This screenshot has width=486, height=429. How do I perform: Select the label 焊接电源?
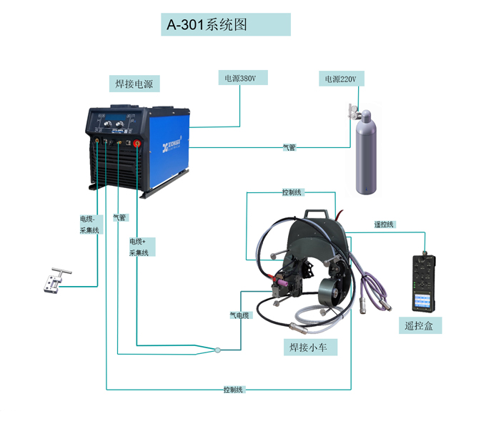coord(134,84)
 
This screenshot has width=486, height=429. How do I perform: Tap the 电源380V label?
coord(240,78)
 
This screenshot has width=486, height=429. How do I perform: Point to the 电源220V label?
coord(339,79)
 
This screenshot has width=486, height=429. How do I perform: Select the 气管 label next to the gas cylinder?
coord(289,148)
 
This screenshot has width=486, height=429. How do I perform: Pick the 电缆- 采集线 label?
coord(89,225)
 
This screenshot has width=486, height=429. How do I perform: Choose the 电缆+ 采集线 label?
coord(139,247)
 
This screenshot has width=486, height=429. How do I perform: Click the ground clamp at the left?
coord(52,281)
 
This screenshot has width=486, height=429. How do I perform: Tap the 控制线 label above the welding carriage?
coord(292,192)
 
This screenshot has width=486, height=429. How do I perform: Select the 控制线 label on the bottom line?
coord(233,390)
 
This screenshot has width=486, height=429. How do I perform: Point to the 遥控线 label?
coord(384,225)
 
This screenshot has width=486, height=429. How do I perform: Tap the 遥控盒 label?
coord(420,326)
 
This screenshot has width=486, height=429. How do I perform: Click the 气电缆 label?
coord(239,315)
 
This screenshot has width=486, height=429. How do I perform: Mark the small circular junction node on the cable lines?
coord(218,350)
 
